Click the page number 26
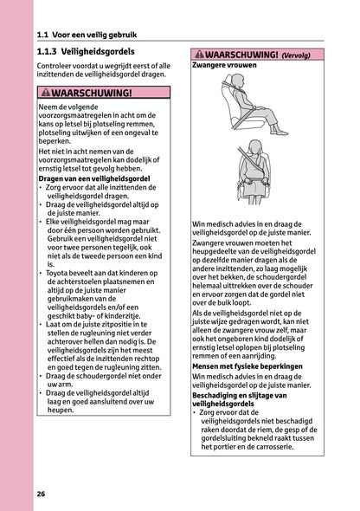point(41,494)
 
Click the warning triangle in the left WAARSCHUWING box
point(46,93)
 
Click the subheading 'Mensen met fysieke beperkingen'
point(247,366)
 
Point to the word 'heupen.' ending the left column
point(60,410)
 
